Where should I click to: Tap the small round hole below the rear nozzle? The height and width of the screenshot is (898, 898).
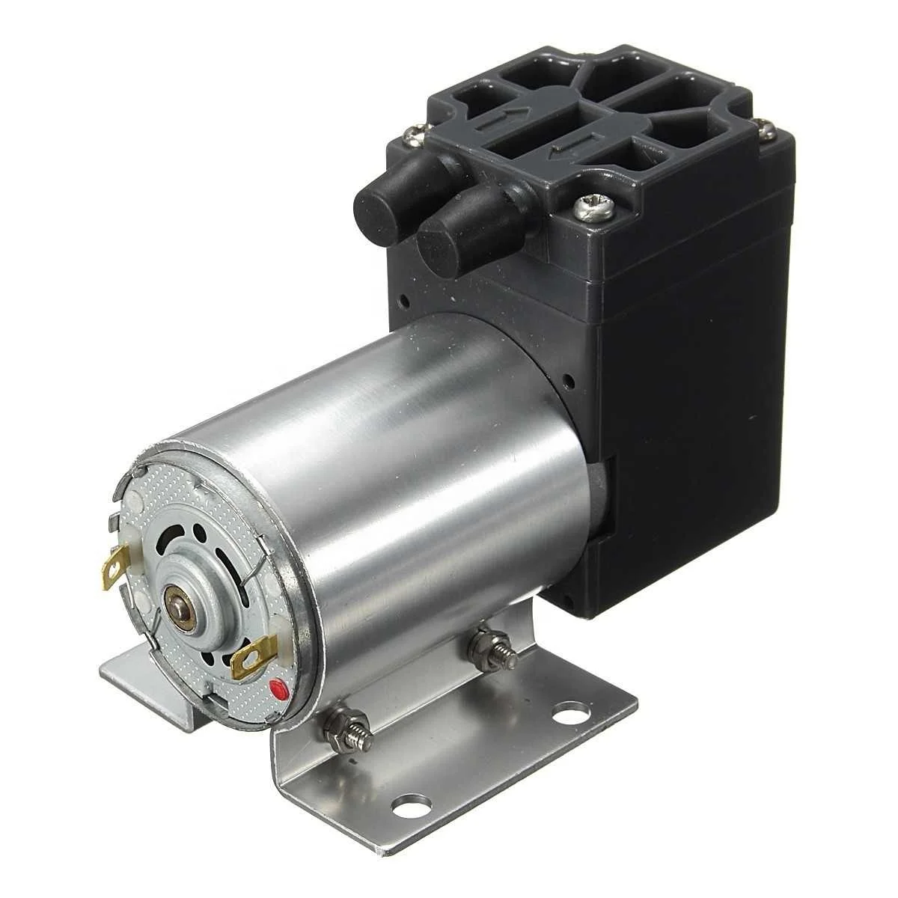(404, 302)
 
